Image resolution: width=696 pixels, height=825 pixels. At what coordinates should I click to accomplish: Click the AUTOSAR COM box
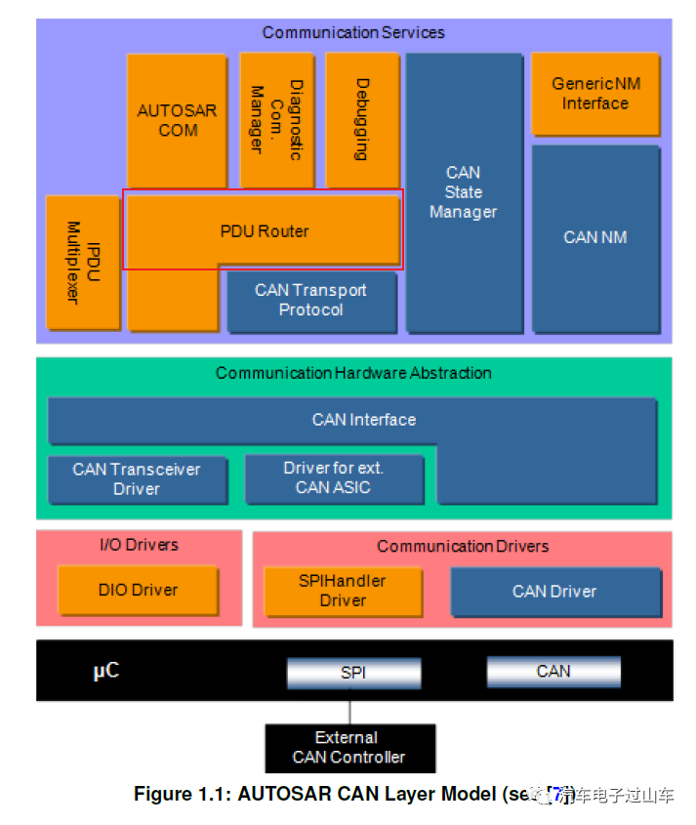click(x=177, y=120)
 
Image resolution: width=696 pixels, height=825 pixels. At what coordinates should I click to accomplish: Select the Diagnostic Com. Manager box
click(x=275, y=120)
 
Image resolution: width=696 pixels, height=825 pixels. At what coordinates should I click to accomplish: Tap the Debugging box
click(x=362, y=120)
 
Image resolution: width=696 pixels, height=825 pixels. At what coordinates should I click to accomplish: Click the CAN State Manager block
click(x=463, y=192)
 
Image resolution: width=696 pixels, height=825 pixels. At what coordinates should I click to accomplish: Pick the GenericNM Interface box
click(x=594, y=94)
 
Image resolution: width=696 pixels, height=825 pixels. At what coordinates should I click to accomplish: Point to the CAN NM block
click(x=594, y=237)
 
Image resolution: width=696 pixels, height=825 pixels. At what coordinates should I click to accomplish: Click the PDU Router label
click(x=264, y=231)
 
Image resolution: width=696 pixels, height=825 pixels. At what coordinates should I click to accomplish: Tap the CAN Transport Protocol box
click(x=311, y=301)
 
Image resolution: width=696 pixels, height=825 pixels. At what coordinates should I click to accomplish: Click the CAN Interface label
click(x=363, y=420)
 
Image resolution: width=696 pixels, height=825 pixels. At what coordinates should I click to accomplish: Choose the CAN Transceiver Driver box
click(x=137, y=479)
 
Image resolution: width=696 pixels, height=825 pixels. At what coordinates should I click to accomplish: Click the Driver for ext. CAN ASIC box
click(x=333, y=478)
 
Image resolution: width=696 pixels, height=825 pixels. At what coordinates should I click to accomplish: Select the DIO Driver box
click(x=138, y=590)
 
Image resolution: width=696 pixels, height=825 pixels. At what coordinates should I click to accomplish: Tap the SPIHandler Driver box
click(x=343, y=591)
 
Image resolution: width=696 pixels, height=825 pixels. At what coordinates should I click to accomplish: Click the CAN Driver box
click(x=554, y=591)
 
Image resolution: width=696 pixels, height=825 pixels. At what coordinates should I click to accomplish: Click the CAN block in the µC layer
click(x=553, y=671)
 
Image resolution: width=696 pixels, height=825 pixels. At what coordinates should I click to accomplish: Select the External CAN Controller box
click(x=349, y=748)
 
